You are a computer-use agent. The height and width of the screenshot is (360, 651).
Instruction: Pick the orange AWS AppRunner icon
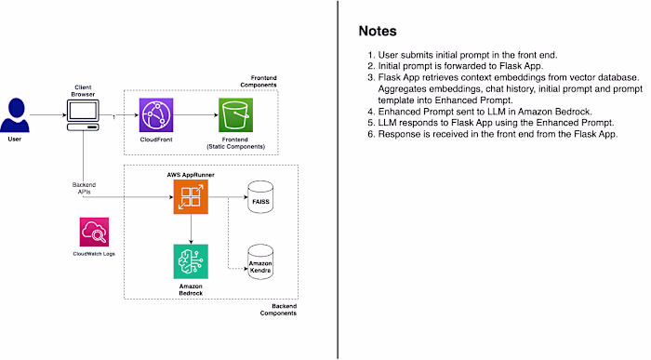[189, 198]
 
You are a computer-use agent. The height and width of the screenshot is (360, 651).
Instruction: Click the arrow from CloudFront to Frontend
[193, 116]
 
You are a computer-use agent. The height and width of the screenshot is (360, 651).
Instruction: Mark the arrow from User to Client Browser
[48, 116]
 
